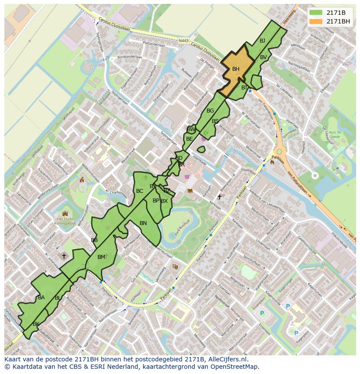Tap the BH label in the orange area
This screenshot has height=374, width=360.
[236, 69]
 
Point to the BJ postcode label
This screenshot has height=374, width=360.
[262, 41]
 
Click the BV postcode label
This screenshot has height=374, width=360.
[263, 57]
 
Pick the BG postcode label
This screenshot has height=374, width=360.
[210, 111]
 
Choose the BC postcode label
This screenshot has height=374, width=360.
[140, 191]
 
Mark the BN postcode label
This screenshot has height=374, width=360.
[143, 223]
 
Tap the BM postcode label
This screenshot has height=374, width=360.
[101, 257]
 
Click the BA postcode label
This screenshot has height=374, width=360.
[41, 298]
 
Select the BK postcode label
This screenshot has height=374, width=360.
[36, 324]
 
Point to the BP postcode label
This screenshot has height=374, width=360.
[156, 201]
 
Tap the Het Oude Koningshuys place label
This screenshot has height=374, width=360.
[66, 222]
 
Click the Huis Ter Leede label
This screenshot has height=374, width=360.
[335, 134]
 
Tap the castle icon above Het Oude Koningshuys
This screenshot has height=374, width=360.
[66, 213]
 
